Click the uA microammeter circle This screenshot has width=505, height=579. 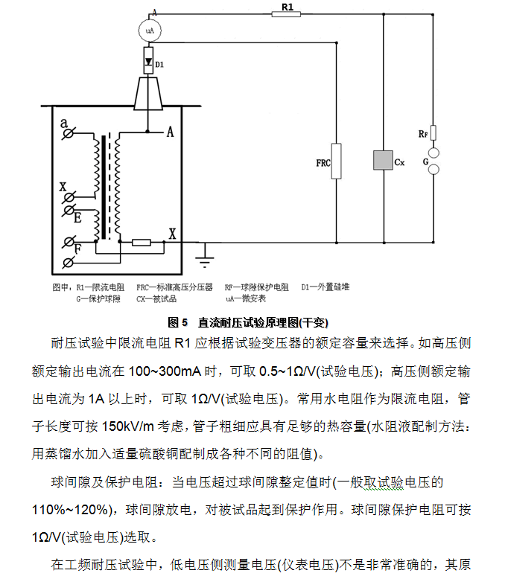(x=150, y=31)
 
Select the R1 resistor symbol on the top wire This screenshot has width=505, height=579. (x=286, y=14)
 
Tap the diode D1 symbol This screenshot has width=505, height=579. (x=148, y=60)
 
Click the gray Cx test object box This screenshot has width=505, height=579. (x=383, y=160)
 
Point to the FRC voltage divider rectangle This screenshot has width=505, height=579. (x=336, y=161)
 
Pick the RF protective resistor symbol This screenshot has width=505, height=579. (x=433, y=133)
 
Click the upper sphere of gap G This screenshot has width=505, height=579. (x=433, y=153)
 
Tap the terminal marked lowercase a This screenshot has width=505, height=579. (x=68, y=133)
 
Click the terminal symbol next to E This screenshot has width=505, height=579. (x=69, y=211)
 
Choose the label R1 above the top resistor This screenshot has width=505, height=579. (x=288, y=7)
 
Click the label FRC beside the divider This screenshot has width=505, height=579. (x=323, y=163)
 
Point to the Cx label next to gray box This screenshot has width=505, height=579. (x=400, y=162)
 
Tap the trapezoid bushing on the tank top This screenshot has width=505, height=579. (x=148, y=94)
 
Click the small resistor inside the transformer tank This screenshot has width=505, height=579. (x=142, y=242)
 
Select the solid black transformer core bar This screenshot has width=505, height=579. (x=104, y=188)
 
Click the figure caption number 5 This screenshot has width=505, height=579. (x=185, y=322)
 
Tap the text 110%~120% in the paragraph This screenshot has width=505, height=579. (x=72, y=510)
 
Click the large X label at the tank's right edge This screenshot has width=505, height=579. (x=172, y=234)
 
